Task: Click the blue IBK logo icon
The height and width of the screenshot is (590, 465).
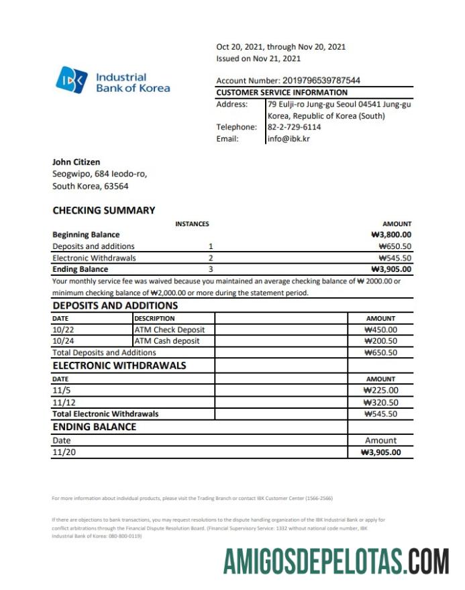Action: pos(72,80)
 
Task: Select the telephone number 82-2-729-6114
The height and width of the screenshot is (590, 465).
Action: pos(294,127)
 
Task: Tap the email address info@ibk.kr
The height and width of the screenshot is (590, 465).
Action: pos(289,139)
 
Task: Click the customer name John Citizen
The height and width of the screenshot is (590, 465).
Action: pos(76,162)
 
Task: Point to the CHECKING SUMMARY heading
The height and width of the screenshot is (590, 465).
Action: pos(103,210)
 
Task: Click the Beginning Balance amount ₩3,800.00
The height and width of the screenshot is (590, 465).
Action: pos(391,235)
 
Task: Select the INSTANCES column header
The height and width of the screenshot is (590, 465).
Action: pos(192,224)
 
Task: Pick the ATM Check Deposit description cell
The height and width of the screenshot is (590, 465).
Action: pos(170,330)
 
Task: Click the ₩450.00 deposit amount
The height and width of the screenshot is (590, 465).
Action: pos(380,330)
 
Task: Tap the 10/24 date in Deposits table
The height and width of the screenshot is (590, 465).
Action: pos(62,341)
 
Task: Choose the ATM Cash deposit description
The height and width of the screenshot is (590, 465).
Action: pos(167,341)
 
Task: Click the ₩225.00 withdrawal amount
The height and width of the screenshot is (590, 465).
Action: pos(380,390)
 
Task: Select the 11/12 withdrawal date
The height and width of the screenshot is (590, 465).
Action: pos(63,402)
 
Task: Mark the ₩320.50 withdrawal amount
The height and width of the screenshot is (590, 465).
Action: pos(380,402)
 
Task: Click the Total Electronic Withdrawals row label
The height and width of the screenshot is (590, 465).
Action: pos(105,414)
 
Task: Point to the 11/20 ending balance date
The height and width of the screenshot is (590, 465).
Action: pos(63,452)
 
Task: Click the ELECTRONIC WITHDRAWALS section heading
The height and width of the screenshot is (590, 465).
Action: pos(119,366)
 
